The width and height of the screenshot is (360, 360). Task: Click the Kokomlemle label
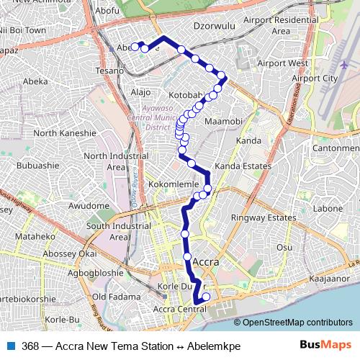(173, 184)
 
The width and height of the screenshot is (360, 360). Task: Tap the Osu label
(285, 247)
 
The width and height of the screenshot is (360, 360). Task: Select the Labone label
(328, 209)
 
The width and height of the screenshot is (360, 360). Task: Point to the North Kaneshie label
(65, 133)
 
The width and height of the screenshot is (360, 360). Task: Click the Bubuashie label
(37, 165)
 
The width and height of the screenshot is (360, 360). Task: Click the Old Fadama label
(110, 297)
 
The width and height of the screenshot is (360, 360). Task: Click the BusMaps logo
(325, 345)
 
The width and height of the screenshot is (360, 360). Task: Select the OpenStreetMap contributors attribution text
(297, 322)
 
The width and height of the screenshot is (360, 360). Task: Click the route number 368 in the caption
(31, 345)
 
